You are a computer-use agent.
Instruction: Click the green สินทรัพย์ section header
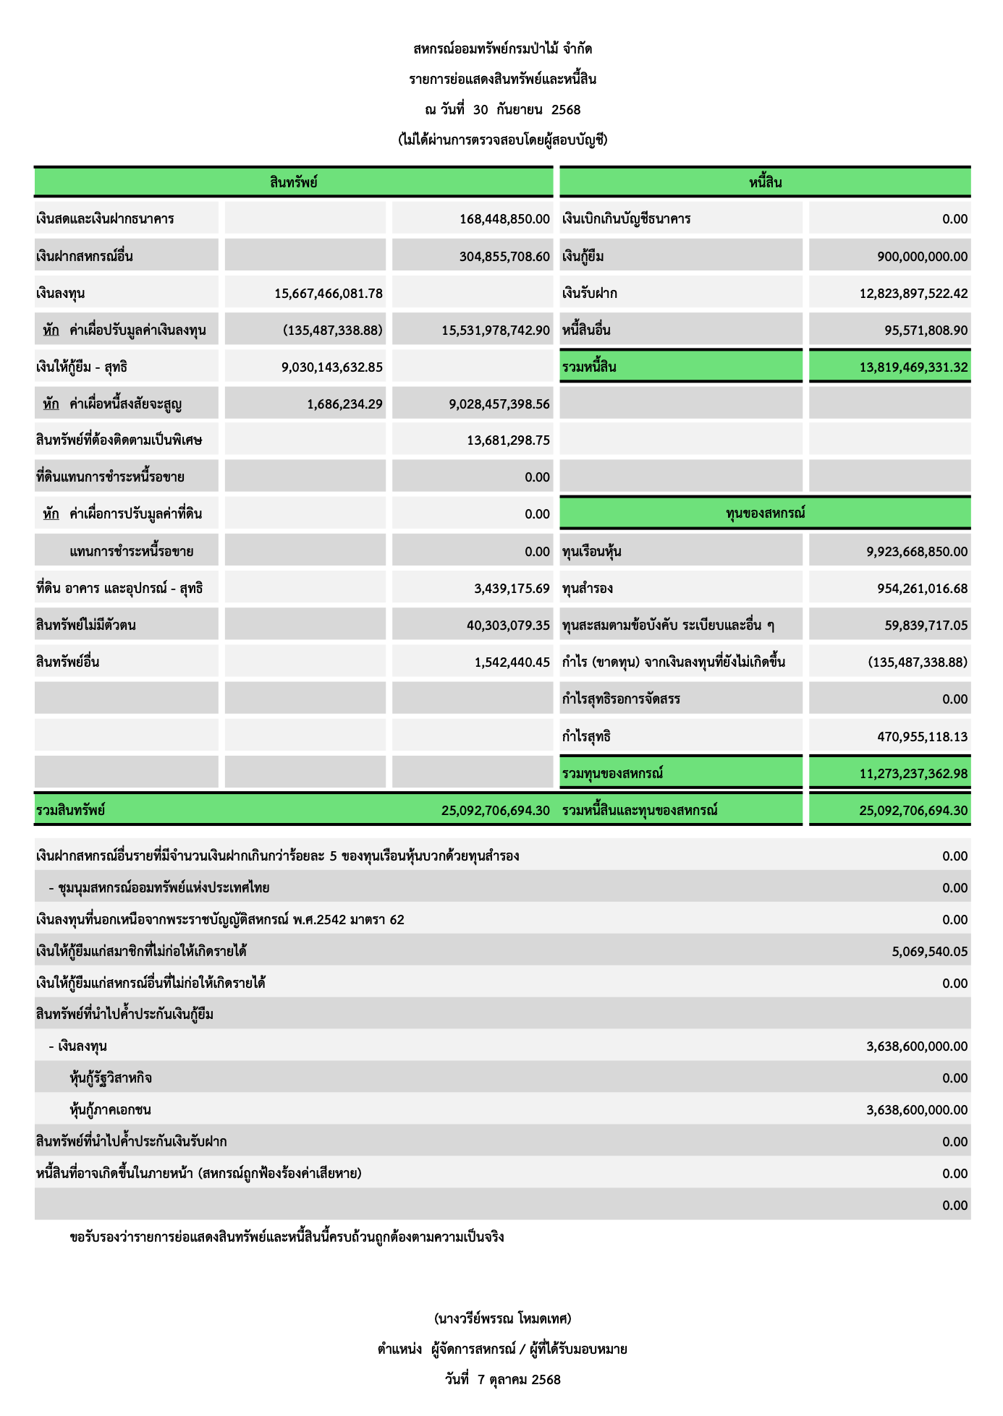(x=293, y=182)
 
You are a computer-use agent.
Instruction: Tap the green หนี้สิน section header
(x=765, y=182)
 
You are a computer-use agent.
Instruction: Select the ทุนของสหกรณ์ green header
(x=765, y=513)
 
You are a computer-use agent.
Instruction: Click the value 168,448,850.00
(x=504, y=219)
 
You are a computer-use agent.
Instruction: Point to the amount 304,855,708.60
(x=504, y=257)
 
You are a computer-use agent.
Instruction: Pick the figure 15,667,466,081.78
(x=329, y=294)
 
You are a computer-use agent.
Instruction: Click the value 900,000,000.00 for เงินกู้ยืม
(x=922, y=257)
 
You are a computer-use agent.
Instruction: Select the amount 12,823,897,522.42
(x=913, y=294)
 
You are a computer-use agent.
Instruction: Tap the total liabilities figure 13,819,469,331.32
(x=913, y=367)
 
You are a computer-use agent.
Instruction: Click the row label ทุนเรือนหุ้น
(x=592, y=552)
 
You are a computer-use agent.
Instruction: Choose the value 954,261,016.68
(x=922, y=589)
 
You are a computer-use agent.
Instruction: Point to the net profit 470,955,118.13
(x=922, y=737)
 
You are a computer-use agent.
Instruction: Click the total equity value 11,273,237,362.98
(x=913, y=774)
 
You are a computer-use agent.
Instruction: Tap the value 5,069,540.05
(x=929, y=952)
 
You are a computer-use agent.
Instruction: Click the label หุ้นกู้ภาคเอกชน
(x=111, y=1110)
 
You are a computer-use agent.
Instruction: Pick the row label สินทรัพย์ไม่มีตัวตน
(x=86, y=626)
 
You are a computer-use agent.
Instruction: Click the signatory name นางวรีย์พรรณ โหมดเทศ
(x=502, y=1318)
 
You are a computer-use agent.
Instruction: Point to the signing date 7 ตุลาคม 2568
(x=519, y=1379)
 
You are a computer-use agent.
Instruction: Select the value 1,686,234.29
(x=344, y=404)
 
